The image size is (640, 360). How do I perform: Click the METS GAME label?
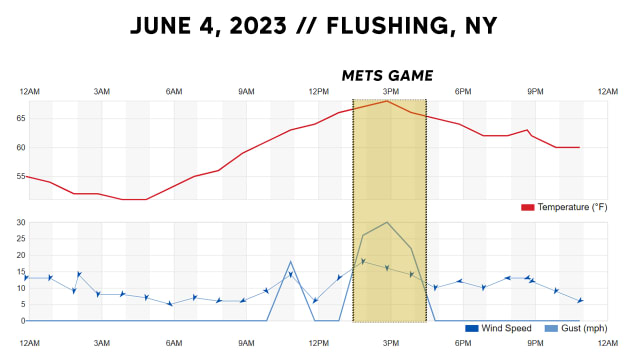pos(387,75)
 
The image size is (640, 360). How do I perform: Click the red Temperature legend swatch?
pos(527,207)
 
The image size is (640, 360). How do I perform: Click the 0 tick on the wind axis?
pos(21,320)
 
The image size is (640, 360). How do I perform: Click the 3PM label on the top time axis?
pos(390,92)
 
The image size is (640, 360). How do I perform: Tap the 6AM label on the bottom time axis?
pos(174,343)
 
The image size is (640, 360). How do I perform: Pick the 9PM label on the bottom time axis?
pos(535,343)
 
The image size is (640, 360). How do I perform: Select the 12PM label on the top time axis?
pos(318,92)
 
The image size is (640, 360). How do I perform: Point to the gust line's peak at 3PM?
pos(387,222)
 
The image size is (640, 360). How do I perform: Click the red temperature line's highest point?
pos(387,100)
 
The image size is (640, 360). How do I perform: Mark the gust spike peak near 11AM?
pos(291,262)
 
